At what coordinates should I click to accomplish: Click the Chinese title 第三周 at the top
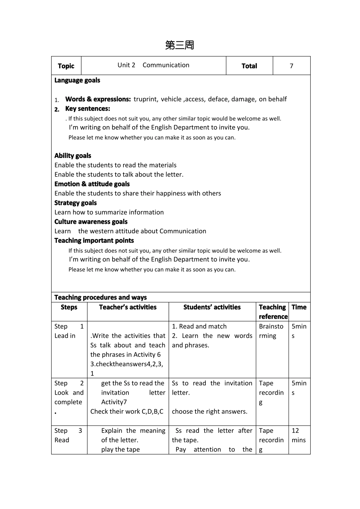(x=180, y=45)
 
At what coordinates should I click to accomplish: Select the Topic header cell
(x=66, y=66)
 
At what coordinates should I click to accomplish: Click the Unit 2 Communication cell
(x=153, y=65)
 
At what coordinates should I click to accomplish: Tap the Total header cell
(x=249, y=66)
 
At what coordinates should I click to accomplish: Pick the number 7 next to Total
(x=291, y=66)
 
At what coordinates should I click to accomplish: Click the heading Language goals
(x=77, y=80)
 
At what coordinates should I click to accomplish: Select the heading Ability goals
(x=73, y=156)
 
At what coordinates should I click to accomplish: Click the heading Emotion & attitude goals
(x=92, y=184)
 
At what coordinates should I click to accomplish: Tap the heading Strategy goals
(x=75, y=203)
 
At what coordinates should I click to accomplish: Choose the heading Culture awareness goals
(x=91, y=222)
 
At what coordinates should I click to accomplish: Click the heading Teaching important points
(x=94, y=240)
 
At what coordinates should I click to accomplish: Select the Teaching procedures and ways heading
(x=100, y=297)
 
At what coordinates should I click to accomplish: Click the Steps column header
(x=69, y=307)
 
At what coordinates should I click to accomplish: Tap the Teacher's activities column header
(x=128, y=307)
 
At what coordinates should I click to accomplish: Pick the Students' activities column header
(x=212, y=307)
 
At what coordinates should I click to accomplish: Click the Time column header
(x=299, y=307)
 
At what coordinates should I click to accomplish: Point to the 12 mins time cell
(x=299, y=436)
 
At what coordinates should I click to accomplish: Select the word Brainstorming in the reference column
(x=271, y=331)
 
